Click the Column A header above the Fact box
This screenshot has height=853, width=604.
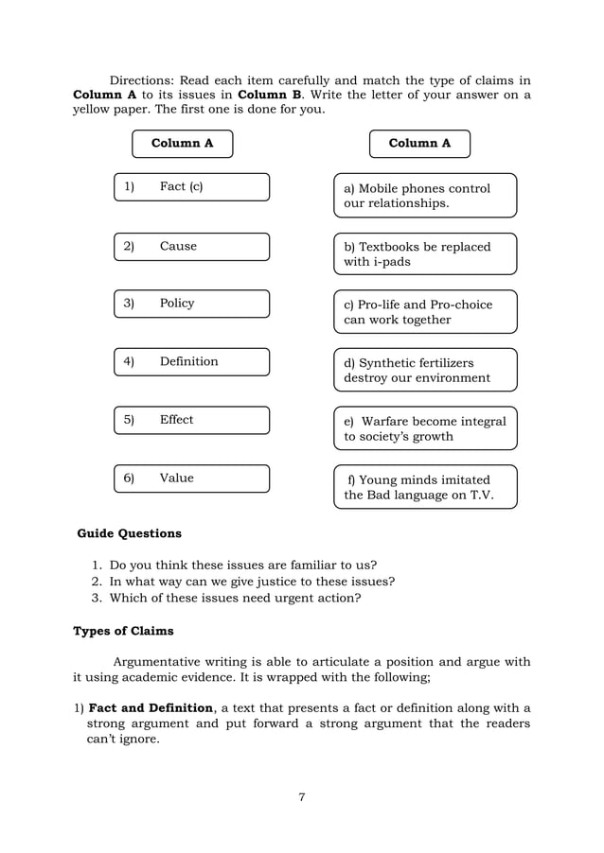pos(182,144)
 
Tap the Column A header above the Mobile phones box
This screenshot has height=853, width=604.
pos(419,144)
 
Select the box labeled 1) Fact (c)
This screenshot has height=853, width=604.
pos(191,187)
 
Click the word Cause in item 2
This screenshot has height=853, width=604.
pos(178,246)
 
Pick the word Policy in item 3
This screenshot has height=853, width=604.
pos(177,303)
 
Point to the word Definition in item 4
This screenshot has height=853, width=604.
pos(188,361)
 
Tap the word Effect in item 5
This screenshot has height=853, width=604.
pos(176,420)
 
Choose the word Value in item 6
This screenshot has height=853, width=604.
pos(176,479)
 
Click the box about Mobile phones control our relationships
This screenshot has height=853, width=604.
pos(425,196)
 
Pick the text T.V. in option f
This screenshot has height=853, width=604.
pos(476,496)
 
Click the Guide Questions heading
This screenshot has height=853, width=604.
pos(129,533)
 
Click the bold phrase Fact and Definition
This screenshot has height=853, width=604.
pos(151,708)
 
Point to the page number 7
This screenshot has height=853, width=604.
pos(301,797)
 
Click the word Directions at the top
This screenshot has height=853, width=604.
pos(147,79)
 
